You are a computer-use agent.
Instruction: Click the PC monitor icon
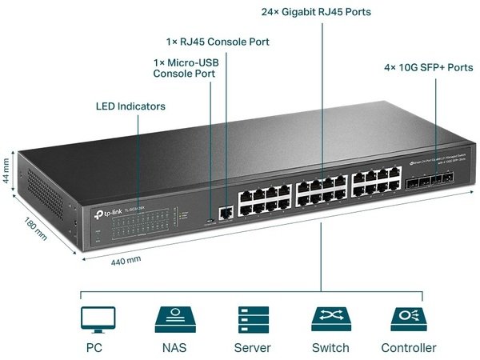pos(98,319)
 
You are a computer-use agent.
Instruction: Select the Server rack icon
pos(252,319)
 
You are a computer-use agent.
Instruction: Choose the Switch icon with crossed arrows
pos(330,319)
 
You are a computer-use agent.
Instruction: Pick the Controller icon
pos(409,319)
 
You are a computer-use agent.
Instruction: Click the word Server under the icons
pos(252,348)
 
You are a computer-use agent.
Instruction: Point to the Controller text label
pos(409,348)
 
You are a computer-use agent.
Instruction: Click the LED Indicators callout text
pos(130,106)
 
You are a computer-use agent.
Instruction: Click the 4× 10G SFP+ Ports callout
pos(428,67)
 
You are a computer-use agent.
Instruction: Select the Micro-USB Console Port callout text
pos(186,67)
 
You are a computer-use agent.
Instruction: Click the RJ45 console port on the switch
pos(226,212)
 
